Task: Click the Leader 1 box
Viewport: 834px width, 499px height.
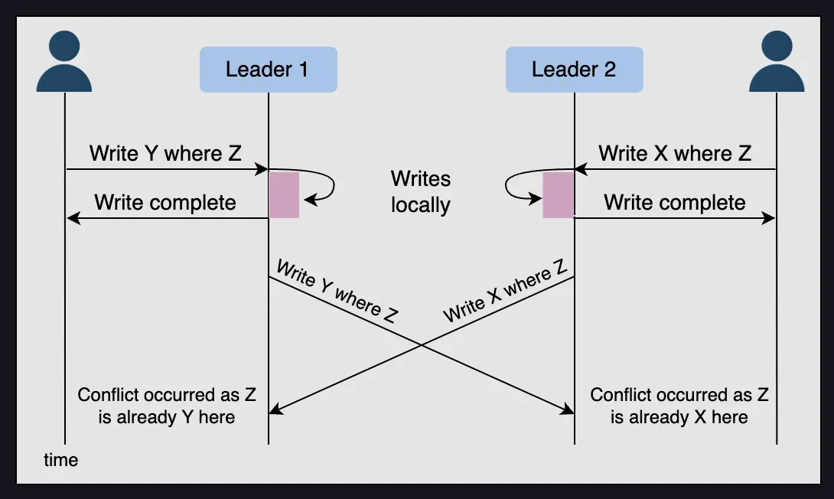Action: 268,70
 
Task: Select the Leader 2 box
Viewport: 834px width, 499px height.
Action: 574,70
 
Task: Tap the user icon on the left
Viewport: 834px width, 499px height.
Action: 64,63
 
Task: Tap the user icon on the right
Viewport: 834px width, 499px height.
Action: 777,63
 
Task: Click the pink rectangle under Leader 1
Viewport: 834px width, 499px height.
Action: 284,195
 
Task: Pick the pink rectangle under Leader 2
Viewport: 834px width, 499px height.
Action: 559,195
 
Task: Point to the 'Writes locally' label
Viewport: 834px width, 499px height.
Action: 421,192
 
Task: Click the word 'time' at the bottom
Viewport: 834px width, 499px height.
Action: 60,460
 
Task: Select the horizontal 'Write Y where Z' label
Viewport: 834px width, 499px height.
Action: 165,153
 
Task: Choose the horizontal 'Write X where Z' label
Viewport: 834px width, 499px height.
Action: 675,153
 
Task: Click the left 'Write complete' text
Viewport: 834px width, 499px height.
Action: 165,203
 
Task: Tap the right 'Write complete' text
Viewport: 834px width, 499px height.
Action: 675,203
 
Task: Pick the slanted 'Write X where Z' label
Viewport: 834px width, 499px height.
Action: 505,291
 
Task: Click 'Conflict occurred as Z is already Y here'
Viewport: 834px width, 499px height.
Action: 167,406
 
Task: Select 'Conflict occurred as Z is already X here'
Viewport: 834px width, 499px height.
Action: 679,406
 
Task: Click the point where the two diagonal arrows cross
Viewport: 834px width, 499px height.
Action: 421,345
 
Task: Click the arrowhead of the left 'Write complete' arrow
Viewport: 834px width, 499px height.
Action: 71,219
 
